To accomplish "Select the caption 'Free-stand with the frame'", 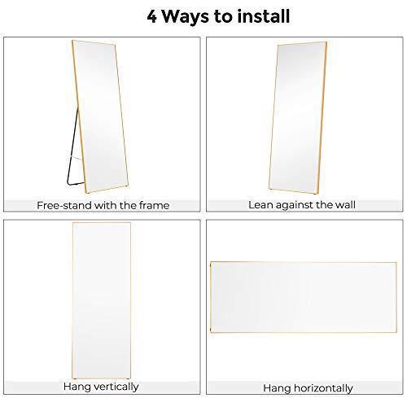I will coord(103,205).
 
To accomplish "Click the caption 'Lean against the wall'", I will coord(302,205).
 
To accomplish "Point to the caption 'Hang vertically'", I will coord(103,387).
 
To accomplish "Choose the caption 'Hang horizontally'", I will coord(302,387).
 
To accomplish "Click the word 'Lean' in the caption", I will coord(261,205).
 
